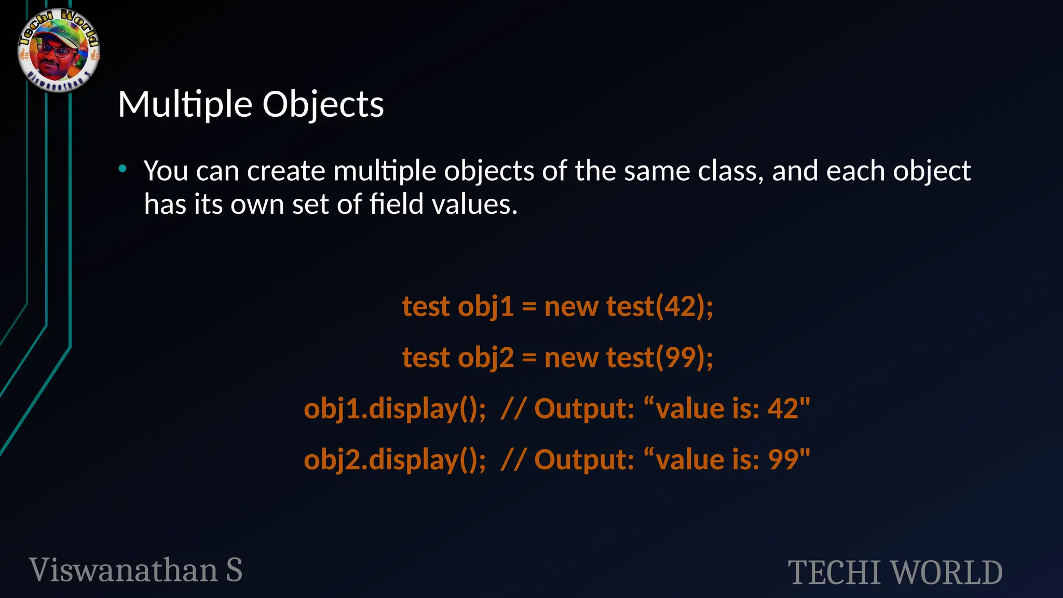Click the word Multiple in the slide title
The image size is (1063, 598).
click(186, 104)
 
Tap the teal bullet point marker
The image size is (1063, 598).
click(122, 168)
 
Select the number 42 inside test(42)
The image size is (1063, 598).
click(680, 306)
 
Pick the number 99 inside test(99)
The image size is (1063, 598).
click(680, 357)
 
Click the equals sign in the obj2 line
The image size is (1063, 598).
click(529, 358)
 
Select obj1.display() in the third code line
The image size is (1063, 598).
click(394, 409)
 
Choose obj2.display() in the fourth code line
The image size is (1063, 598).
click(394, 459)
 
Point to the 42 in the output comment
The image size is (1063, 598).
click(783, 409)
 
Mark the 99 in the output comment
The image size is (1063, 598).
click(783, 459)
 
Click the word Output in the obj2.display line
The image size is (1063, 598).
click(584, 459)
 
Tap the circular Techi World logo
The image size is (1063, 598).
click(59, 50)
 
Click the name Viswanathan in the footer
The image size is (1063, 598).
click(124, 570)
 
